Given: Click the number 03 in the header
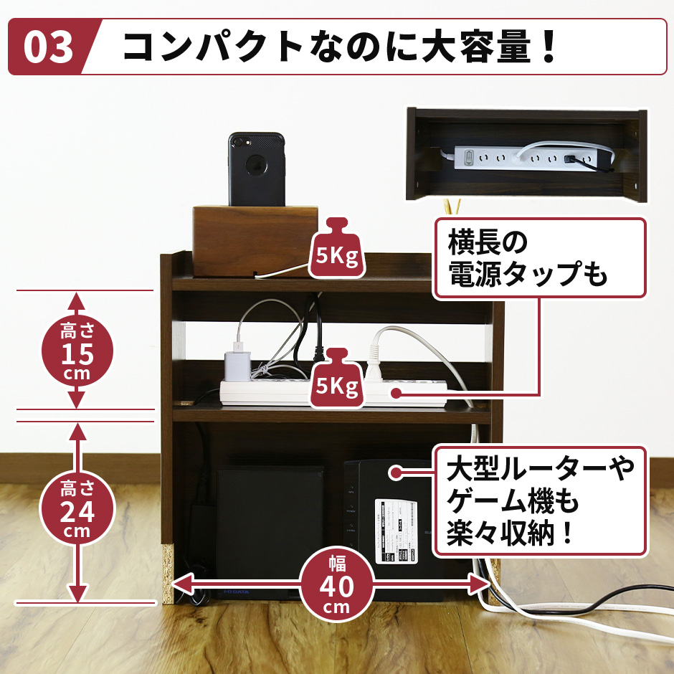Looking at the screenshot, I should pyautogui.click(x=49, y=47).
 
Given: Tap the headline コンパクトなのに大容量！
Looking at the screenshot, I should pyautogui.click(x=340, y=47).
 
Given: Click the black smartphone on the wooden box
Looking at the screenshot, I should pyautogui.click(x=257, y=169).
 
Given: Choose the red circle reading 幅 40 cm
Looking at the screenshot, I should pyautogui.click(x=336, y=584).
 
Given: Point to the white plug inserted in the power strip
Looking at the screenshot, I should pyautogui.click(x=374, y=362).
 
